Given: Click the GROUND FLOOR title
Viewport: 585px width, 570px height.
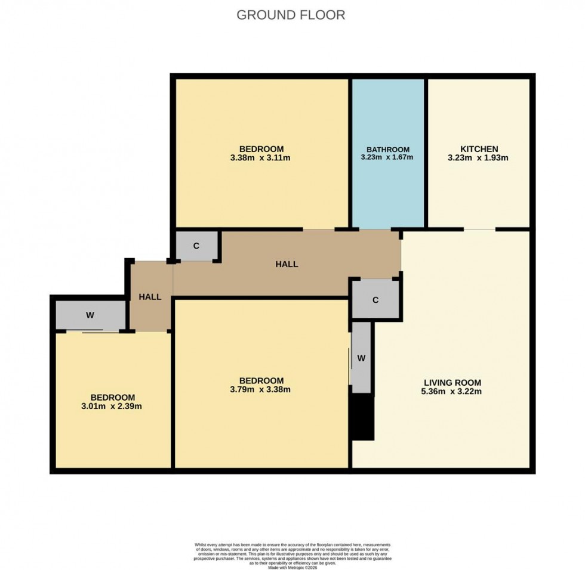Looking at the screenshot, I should point(291,15).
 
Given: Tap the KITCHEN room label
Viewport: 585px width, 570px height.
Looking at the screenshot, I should point(478,148).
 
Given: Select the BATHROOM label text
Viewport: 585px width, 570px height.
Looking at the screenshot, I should point(388,149).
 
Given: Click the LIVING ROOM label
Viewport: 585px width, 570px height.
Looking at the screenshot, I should point(452,382).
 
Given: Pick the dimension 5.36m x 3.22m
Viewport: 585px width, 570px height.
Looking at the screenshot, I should point(452,392).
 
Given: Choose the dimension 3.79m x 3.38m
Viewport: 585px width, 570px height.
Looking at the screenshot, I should point(261,390).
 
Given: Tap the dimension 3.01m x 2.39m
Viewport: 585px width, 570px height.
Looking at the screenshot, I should point(112,407).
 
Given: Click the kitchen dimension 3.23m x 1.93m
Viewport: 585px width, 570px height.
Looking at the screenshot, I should point(478,158).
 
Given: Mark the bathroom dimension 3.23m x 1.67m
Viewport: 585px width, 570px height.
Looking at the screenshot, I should point(388,158).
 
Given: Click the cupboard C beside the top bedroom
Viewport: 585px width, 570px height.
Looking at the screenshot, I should point(196,246).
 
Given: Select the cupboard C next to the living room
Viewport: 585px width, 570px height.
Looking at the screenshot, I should point(375,300).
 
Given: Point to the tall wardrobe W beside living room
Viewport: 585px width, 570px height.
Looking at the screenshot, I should point(361,358).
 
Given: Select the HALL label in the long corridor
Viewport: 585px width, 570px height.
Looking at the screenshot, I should point(287,264).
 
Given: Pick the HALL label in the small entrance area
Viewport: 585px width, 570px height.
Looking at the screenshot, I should point(150,296).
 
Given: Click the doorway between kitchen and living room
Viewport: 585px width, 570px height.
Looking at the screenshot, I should point(479,229).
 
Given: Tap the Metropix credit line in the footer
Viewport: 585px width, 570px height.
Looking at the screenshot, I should point(292,566).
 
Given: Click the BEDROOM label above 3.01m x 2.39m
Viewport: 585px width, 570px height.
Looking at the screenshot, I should point(112,397).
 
